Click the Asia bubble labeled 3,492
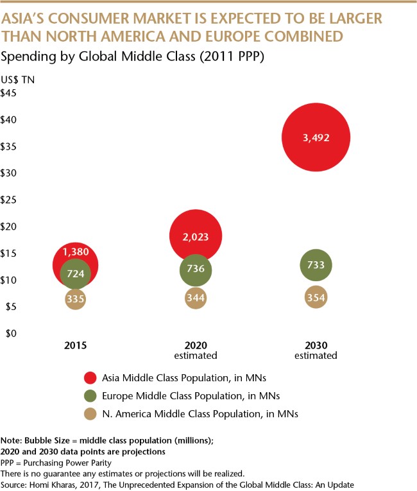point(313,137)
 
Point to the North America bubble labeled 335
point(75,298)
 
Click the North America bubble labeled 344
point(196,298)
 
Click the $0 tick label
point(10,334)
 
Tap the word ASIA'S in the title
point(26,19)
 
